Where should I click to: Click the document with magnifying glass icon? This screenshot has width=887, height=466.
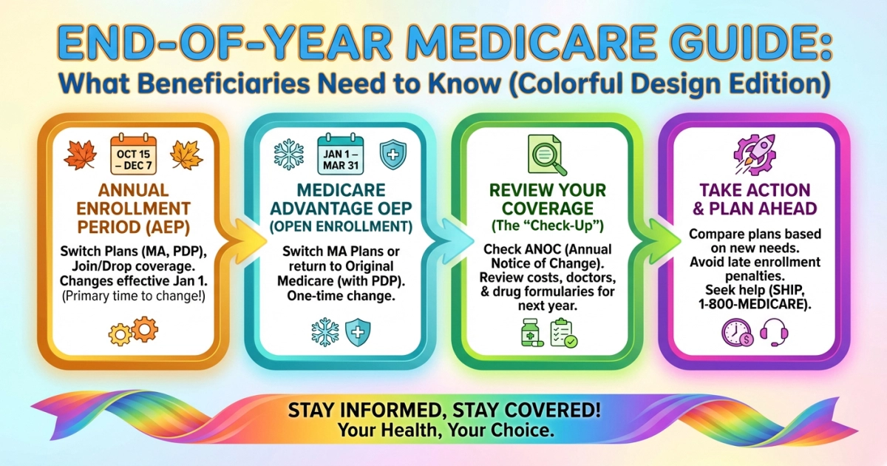pyautogui.click(x=547, y=155)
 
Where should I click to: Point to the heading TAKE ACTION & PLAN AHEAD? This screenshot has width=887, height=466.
pyautogui.click(x=753, y=199)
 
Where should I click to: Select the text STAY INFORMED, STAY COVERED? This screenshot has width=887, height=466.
pyautogui.click(x=443, y=411)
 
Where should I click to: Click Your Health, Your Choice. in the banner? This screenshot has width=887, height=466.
pyautogui.click(x=443, y=429)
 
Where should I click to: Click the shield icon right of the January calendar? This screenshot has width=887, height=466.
pyautogui.click(x=392, y=154)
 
